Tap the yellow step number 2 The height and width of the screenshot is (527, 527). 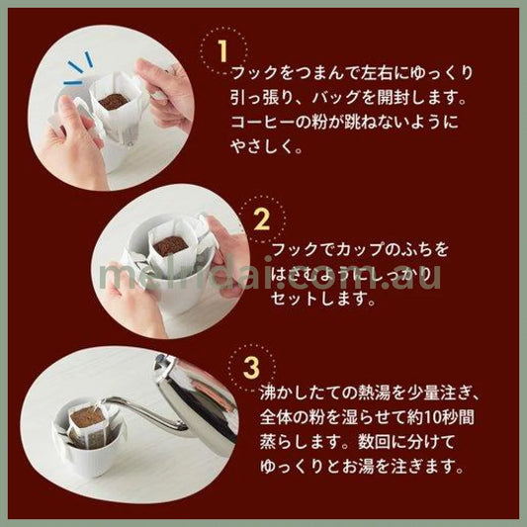coord(262,217)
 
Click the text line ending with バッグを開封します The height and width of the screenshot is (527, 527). coord(335,99)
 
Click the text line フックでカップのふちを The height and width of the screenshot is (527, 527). coord(346,246)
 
